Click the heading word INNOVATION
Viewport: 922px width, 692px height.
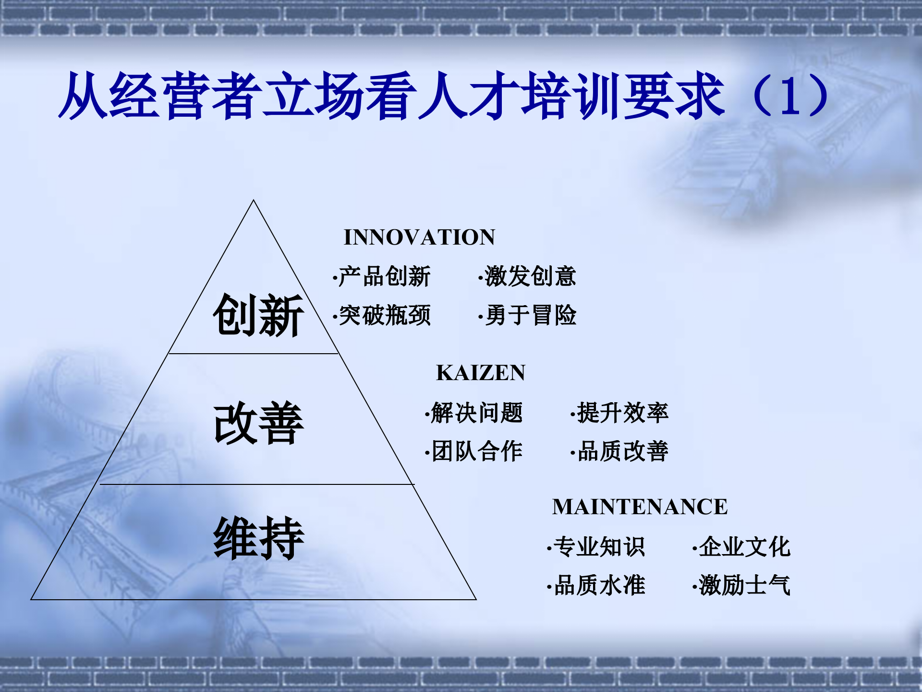point(419,237)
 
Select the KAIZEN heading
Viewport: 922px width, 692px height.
point(481,373)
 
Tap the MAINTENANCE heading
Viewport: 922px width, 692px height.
point(640,507)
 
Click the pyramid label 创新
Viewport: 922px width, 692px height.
point(258,315)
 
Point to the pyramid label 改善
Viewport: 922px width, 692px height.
point(258,423)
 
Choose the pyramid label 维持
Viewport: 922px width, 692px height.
point(258,538)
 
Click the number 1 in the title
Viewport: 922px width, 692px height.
point(791,96)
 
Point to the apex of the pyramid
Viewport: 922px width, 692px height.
point(254,201)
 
